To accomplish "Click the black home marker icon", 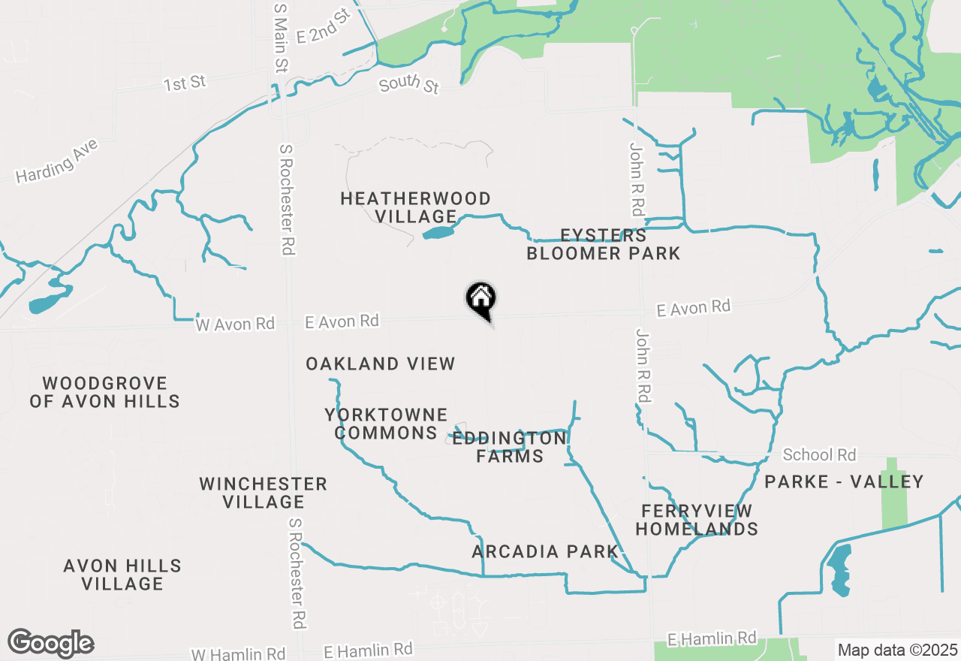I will (480, 298).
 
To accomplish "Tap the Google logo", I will (50, 643).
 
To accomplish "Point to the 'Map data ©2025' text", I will (898, 650).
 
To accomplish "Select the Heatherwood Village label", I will (415, 207).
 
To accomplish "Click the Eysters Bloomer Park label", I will (603, 244).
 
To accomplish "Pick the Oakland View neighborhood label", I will (380, 364).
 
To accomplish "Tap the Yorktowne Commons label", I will (386, 424).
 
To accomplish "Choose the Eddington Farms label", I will (510, 447).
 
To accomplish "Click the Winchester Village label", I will (263, 493).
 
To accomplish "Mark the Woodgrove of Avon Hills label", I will (104, 392).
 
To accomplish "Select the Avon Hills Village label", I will (122, 575).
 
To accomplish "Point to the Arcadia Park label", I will (545, 552).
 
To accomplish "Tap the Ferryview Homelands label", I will (696, 520).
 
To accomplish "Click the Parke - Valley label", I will (844, 481).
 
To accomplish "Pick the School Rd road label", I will (819, 454).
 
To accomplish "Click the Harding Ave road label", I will (57, 164).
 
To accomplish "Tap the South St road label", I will (408, 84).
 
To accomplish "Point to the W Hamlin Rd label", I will (227, 653).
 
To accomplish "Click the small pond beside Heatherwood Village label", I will (438, 232).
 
